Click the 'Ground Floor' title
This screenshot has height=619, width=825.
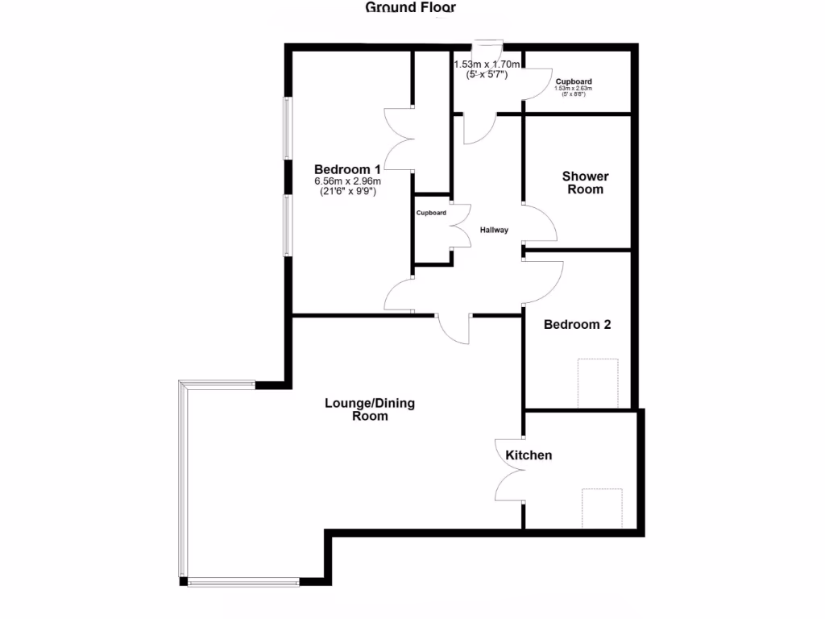[x=411, y=8]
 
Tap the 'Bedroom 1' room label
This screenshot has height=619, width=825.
[x=347, y=169]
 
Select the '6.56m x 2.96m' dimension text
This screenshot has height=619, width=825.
[x=347, y=181]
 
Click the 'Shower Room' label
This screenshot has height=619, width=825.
[x=585, y=183]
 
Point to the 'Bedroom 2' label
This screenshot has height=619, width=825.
[x=577, y=325]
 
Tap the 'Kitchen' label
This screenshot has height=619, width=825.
[x=529, y=455]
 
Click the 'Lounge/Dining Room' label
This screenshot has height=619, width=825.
[x=370, y=409]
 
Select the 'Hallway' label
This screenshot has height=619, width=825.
[x=494, y=230]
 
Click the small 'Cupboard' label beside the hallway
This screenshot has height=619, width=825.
[x=431, y=214]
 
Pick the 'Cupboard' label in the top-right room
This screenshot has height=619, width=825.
[x=574, y=81]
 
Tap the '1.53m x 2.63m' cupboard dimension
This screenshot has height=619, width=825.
[x=574, y=89]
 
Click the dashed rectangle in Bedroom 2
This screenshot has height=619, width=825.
[x=598, y=383]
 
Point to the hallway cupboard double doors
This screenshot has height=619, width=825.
[x=461, y=226]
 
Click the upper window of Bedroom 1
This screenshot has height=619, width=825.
[x=286, y=128]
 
